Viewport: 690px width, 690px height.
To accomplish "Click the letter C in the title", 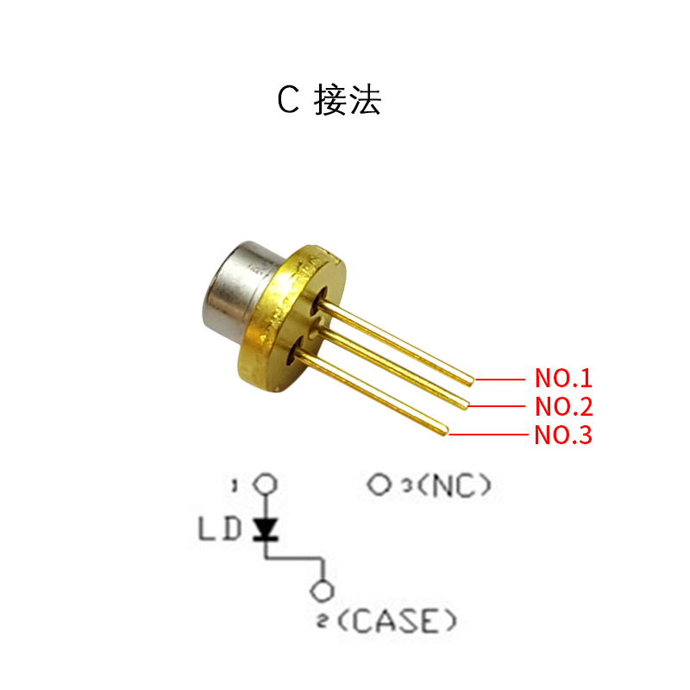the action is click(x=287, y=101).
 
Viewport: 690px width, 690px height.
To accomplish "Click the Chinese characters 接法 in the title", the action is click(x=348, y=101).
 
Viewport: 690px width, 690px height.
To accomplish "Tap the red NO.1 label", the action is click(x=563, y=378).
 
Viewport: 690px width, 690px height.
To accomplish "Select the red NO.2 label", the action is click(x=563, y=405).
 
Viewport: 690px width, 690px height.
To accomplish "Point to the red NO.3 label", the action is click(x=563, y=434).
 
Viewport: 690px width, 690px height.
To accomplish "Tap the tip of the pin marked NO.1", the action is click(x=470, y=379).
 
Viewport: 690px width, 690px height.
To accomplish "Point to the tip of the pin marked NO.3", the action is click(x=445, y=431).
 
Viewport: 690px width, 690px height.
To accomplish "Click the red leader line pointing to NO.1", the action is click(x=500, y=379).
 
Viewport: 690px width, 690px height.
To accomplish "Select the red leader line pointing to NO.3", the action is click(x=487, y=434).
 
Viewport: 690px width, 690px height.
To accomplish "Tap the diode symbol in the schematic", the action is click(x=266, y=527).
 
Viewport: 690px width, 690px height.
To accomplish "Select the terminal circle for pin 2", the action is click(x=323, y=592).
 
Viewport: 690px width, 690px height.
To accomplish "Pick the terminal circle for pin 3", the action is click(x=379, y=485).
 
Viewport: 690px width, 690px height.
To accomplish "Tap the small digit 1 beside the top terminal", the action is click(x=234, y=486).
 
